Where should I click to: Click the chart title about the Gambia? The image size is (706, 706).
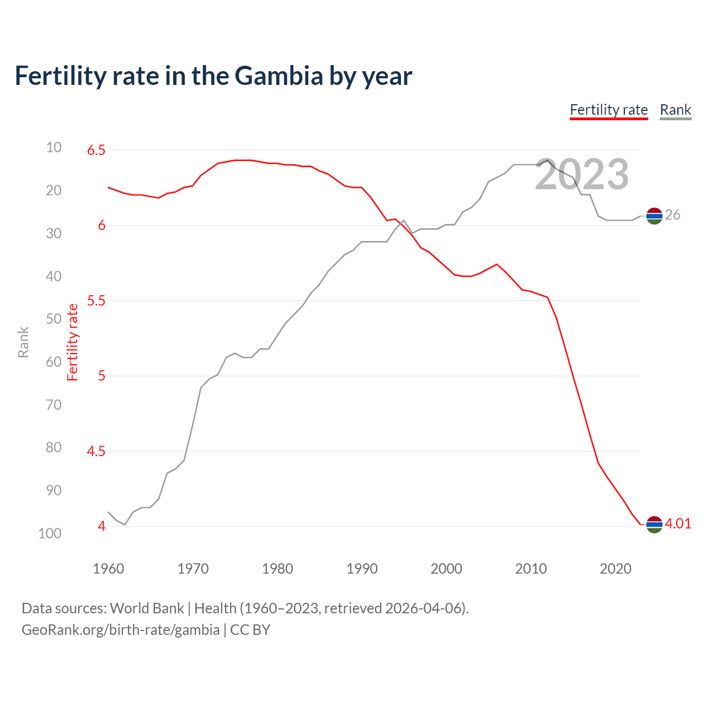pyautogui.click(x=213, y=76)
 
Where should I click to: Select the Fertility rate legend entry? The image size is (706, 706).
pyautogui.click(x=608, y=110)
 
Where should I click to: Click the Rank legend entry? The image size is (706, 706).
pyautogui.click(x=675, y=110)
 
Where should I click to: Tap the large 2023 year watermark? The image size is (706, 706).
pyautogui.click(x=582, y=174)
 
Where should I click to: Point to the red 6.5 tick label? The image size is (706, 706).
pyautogui.click(x=96, y=150)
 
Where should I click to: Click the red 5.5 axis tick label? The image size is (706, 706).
pyautogui.click(x=96, y=301)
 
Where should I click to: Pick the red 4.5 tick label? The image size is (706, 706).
pyautogui.click(x=96, y=451)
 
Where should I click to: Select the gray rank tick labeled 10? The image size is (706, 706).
pyautogui.click(x=54, y=147)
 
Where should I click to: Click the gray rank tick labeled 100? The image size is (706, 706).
pyautogui.click(x=50, y=533)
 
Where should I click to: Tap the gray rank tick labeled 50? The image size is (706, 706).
pyautogui.click(x=54, y=319)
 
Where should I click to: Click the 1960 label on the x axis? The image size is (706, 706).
pyautogui.click(x=108, y=569)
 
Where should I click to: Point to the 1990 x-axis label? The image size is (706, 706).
pyautogui.click(x=362, y=569)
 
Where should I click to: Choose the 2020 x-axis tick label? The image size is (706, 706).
pyautogui.click(x=615, y=569)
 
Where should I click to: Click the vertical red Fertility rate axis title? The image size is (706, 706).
pyautogui.click(x=73, y=343)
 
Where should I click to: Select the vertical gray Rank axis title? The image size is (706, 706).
pyautogui.click(x=23, y=343)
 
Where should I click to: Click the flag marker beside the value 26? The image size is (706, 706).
pyautogui.click(x=654, y=216)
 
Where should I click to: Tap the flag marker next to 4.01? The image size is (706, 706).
pyautogui.click(x=654, y=525)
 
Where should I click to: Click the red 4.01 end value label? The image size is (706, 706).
pyautogui.click(x=678, y=523)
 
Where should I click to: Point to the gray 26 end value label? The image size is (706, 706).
pyautogui.click(x=672, y=215)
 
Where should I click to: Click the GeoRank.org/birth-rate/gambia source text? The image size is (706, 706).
pyautogui.click(x=120, y=630)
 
